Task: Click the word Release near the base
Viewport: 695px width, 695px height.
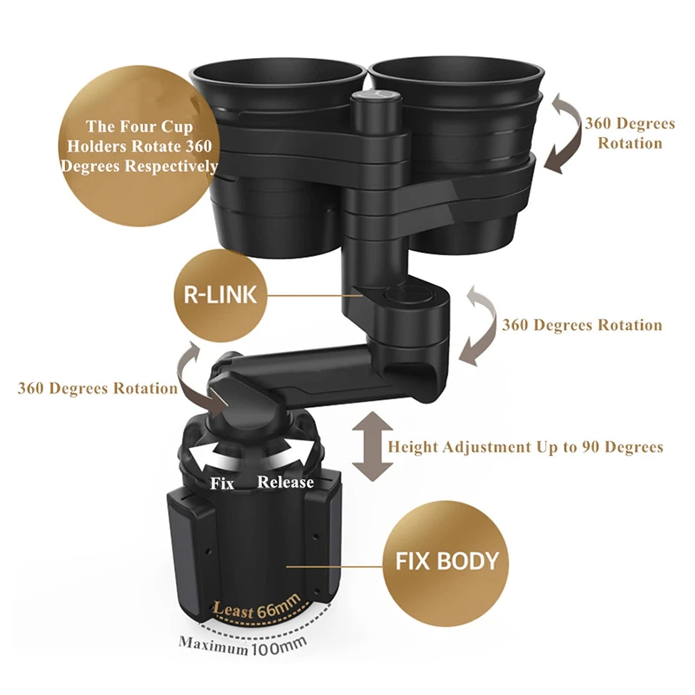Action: (x=285, y=482)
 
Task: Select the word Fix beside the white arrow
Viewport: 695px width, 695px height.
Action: (x=222, y=483)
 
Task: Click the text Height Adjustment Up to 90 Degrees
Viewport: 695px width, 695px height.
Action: (x=525, y=447)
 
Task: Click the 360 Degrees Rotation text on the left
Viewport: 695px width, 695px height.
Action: (x=97, y=388)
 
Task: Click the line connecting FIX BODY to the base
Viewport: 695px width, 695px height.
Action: (x=334, y=566)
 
